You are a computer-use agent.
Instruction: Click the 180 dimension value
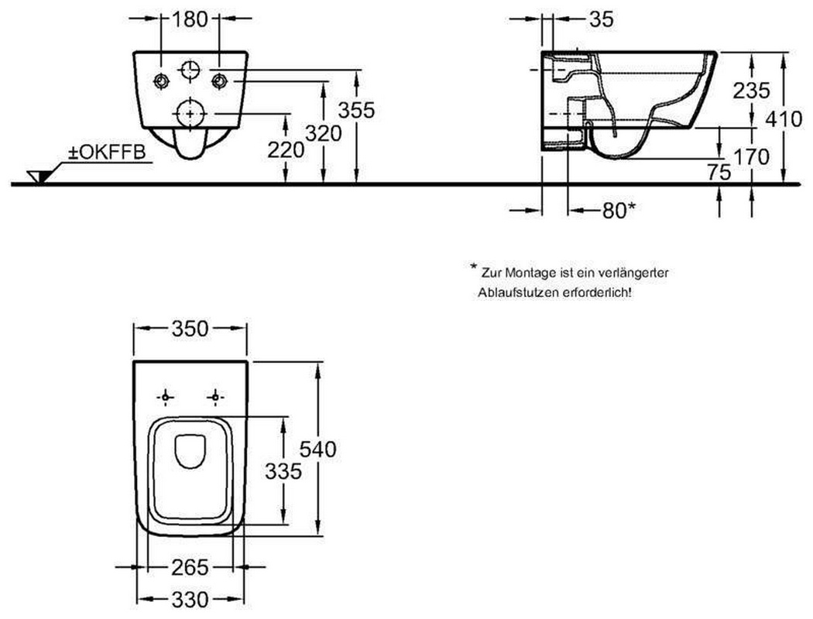(189, 19)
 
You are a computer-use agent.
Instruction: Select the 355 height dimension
(356, 110)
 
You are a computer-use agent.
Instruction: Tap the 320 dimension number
(323, 134)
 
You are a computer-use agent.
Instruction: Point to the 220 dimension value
(286, 150)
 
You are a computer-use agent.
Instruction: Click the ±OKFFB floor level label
(108, 152)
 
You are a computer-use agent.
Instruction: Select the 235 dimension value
(751, 91)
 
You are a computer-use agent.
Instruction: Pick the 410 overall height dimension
(784, 120)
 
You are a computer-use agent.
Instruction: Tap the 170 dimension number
(751, 156)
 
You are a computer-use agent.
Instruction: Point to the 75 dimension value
(719, 172)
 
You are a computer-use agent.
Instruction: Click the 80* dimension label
(619, 210)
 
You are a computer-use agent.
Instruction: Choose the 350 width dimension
(190, 328)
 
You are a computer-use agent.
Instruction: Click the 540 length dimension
(317, 449)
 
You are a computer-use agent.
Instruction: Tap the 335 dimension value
(283, 471)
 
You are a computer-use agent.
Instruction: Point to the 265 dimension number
(190, 568)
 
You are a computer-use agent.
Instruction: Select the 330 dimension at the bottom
(190, 600)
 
